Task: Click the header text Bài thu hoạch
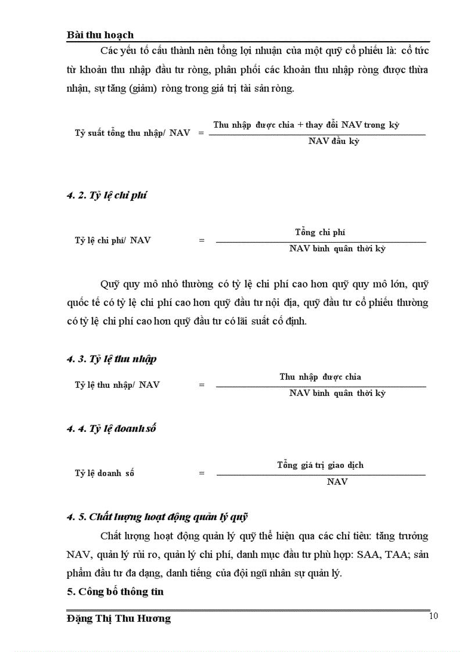tap(100, 35)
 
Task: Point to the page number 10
tap(433, 616)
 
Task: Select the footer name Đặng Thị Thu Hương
tap(119, 618)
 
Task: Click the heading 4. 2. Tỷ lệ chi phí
tap(106, 195)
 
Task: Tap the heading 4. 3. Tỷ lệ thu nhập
tap(112, 359)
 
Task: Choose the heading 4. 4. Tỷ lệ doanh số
tap(111, 429)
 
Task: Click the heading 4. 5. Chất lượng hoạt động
tap(157, 516)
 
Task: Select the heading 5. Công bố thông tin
tap(115, 592)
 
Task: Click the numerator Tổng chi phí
tap(319, 232)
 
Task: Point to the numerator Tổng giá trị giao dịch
tap(320, 465)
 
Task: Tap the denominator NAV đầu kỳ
tap(333, 141)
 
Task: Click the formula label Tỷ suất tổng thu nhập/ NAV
tap(132, 132)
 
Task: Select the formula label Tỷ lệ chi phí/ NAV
tap(113, 240)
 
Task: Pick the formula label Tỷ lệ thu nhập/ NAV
tap(117, 384)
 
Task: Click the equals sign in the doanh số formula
tap(202, 473)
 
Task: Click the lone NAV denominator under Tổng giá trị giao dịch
tap(337, 482)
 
